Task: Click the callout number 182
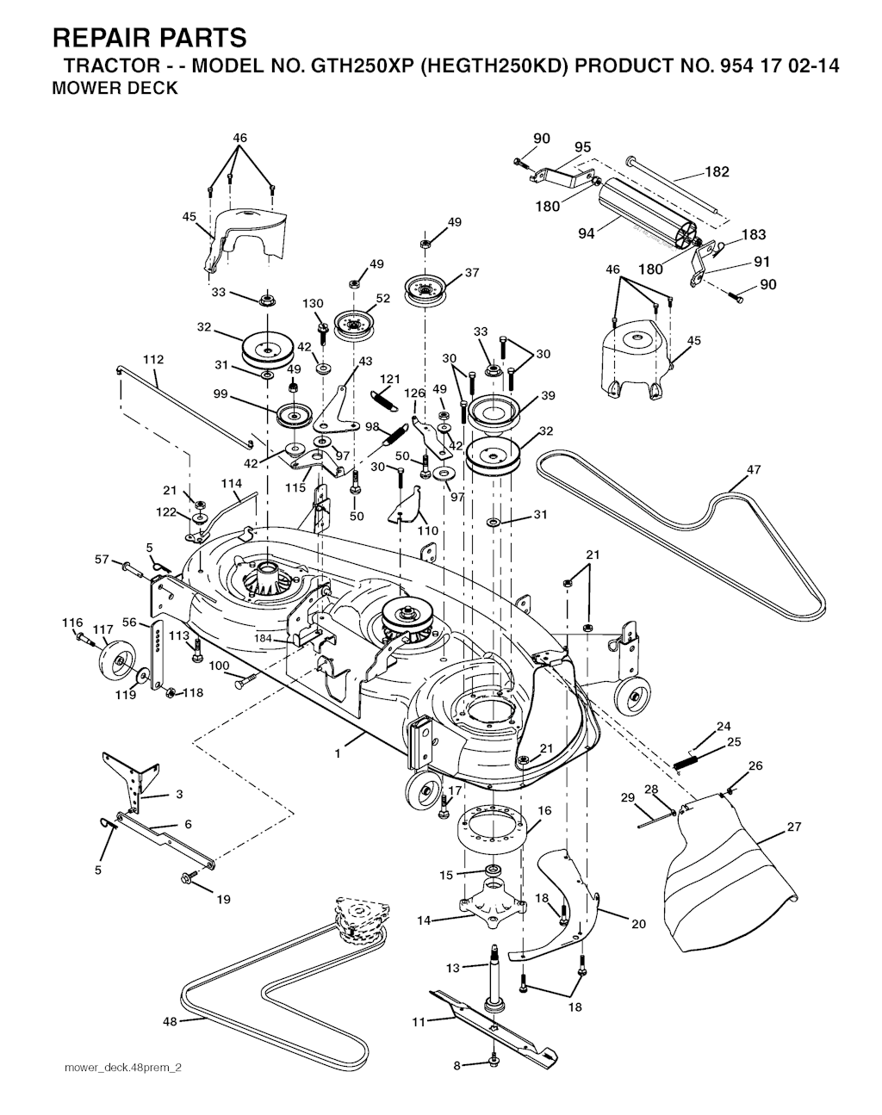pos(717,171)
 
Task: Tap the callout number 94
pos(587,233)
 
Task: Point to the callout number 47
pos(754,469)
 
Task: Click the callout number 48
pos(170,1022)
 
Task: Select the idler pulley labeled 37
pos(425,289)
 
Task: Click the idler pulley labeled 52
pos(354,326)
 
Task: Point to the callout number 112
pos(153,359)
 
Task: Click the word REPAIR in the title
pos(101,38)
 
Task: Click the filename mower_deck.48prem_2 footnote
pos(123,1068)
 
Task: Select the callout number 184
pos(263,638)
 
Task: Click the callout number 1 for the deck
pos(338,754)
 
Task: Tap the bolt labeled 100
pos(245,681)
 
